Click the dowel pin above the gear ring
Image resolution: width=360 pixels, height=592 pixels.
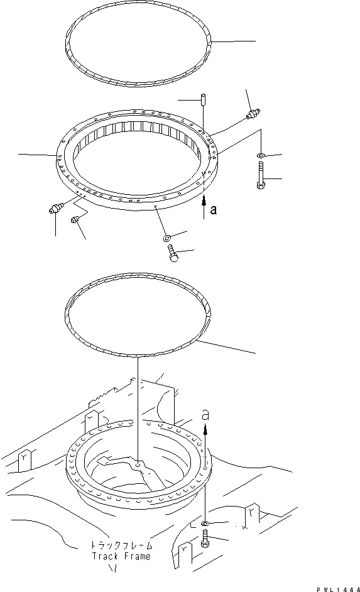pyautogui.click(x=204, y=99)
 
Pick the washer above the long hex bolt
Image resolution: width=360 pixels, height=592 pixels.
pyautogui.click(x=260, y=154)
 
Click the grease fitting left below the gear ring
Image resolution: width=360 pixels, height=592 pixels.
pyautogui.click(x=54, y=209)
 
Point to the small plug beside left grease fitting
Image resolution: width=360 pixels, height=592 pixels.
pyautogui.click(x=75, y=219)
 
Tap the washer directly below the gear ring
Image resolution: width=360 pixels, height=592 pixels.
pyautogui.click(x=166, y=238)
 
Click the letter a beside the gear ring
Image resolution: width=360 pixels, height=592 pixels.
pyautogui.click(x=214, y=211)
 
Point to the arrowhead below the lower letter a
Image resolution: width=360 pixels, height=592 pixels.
pyautogui.click(x=205, y=427)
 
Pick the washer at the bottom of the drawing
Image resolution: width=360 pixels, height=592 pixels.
pyautogui.click(x=206, y=523)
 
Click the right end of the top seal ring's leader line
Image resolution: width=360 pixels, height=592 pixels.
pyautogui.click(x=256, y=41)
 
